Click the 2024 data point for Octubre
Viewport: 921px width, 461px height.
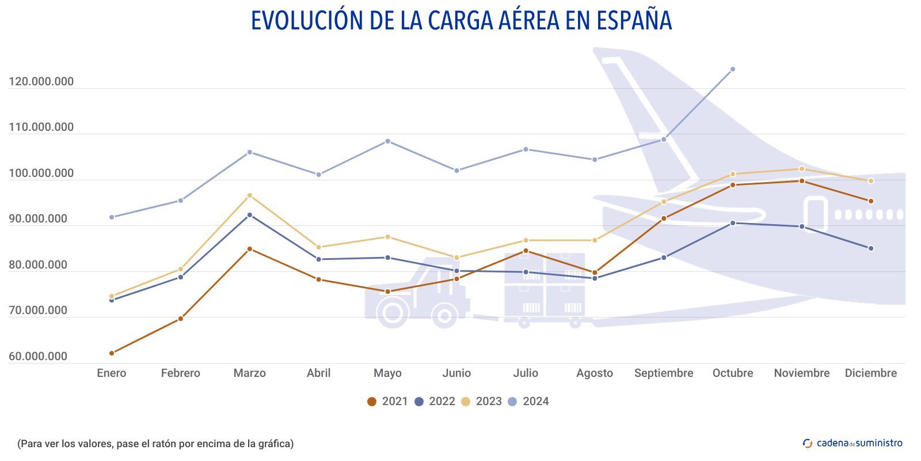[732, 69]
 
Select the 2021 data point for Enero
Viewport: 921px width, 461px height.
[112, 353]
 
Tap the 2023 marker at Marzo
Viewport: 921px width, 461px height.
[249, 195]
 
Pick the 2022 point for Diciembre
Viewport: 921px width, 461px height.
[870, 248]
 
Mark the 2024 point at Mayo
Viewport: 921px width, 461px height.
[387, 141]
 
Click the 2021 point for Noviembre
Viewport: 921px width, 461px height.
[801, 181]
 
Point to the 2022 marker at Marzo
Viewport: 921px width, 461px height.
[249, 215]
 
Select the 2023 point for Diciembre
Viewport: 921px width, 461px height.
[870, 181]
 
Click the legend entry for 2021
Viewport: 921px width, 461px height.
[388, 401]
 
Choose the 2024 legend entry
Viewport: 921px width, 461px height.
[528, 401]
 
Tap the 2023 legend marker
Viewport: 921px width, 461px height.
[466, 401]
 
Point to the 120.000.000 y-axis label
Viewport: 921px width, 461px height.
[41, 81]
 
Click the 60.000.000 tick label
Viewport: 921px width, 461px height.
[38, 356]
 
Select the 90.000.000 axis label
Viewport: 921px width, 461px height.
[38, 219]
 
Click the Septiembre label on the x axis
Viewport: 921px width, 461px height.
[663, 373]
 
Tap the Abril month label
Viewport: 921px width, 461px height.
[318, 373]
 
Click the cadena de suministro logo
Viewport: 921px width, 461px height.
[853, 443]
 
